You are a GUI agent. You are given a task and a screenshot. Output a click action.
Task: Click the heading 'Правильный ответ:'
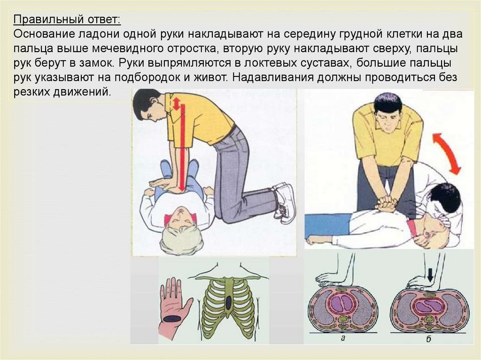[67, 20]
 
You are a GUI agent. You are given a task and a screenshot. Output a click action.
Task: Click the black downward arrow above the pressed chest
[430, 275]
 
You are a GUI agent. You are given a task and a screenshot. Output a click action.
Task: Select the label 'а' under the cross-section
[343, 338]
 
